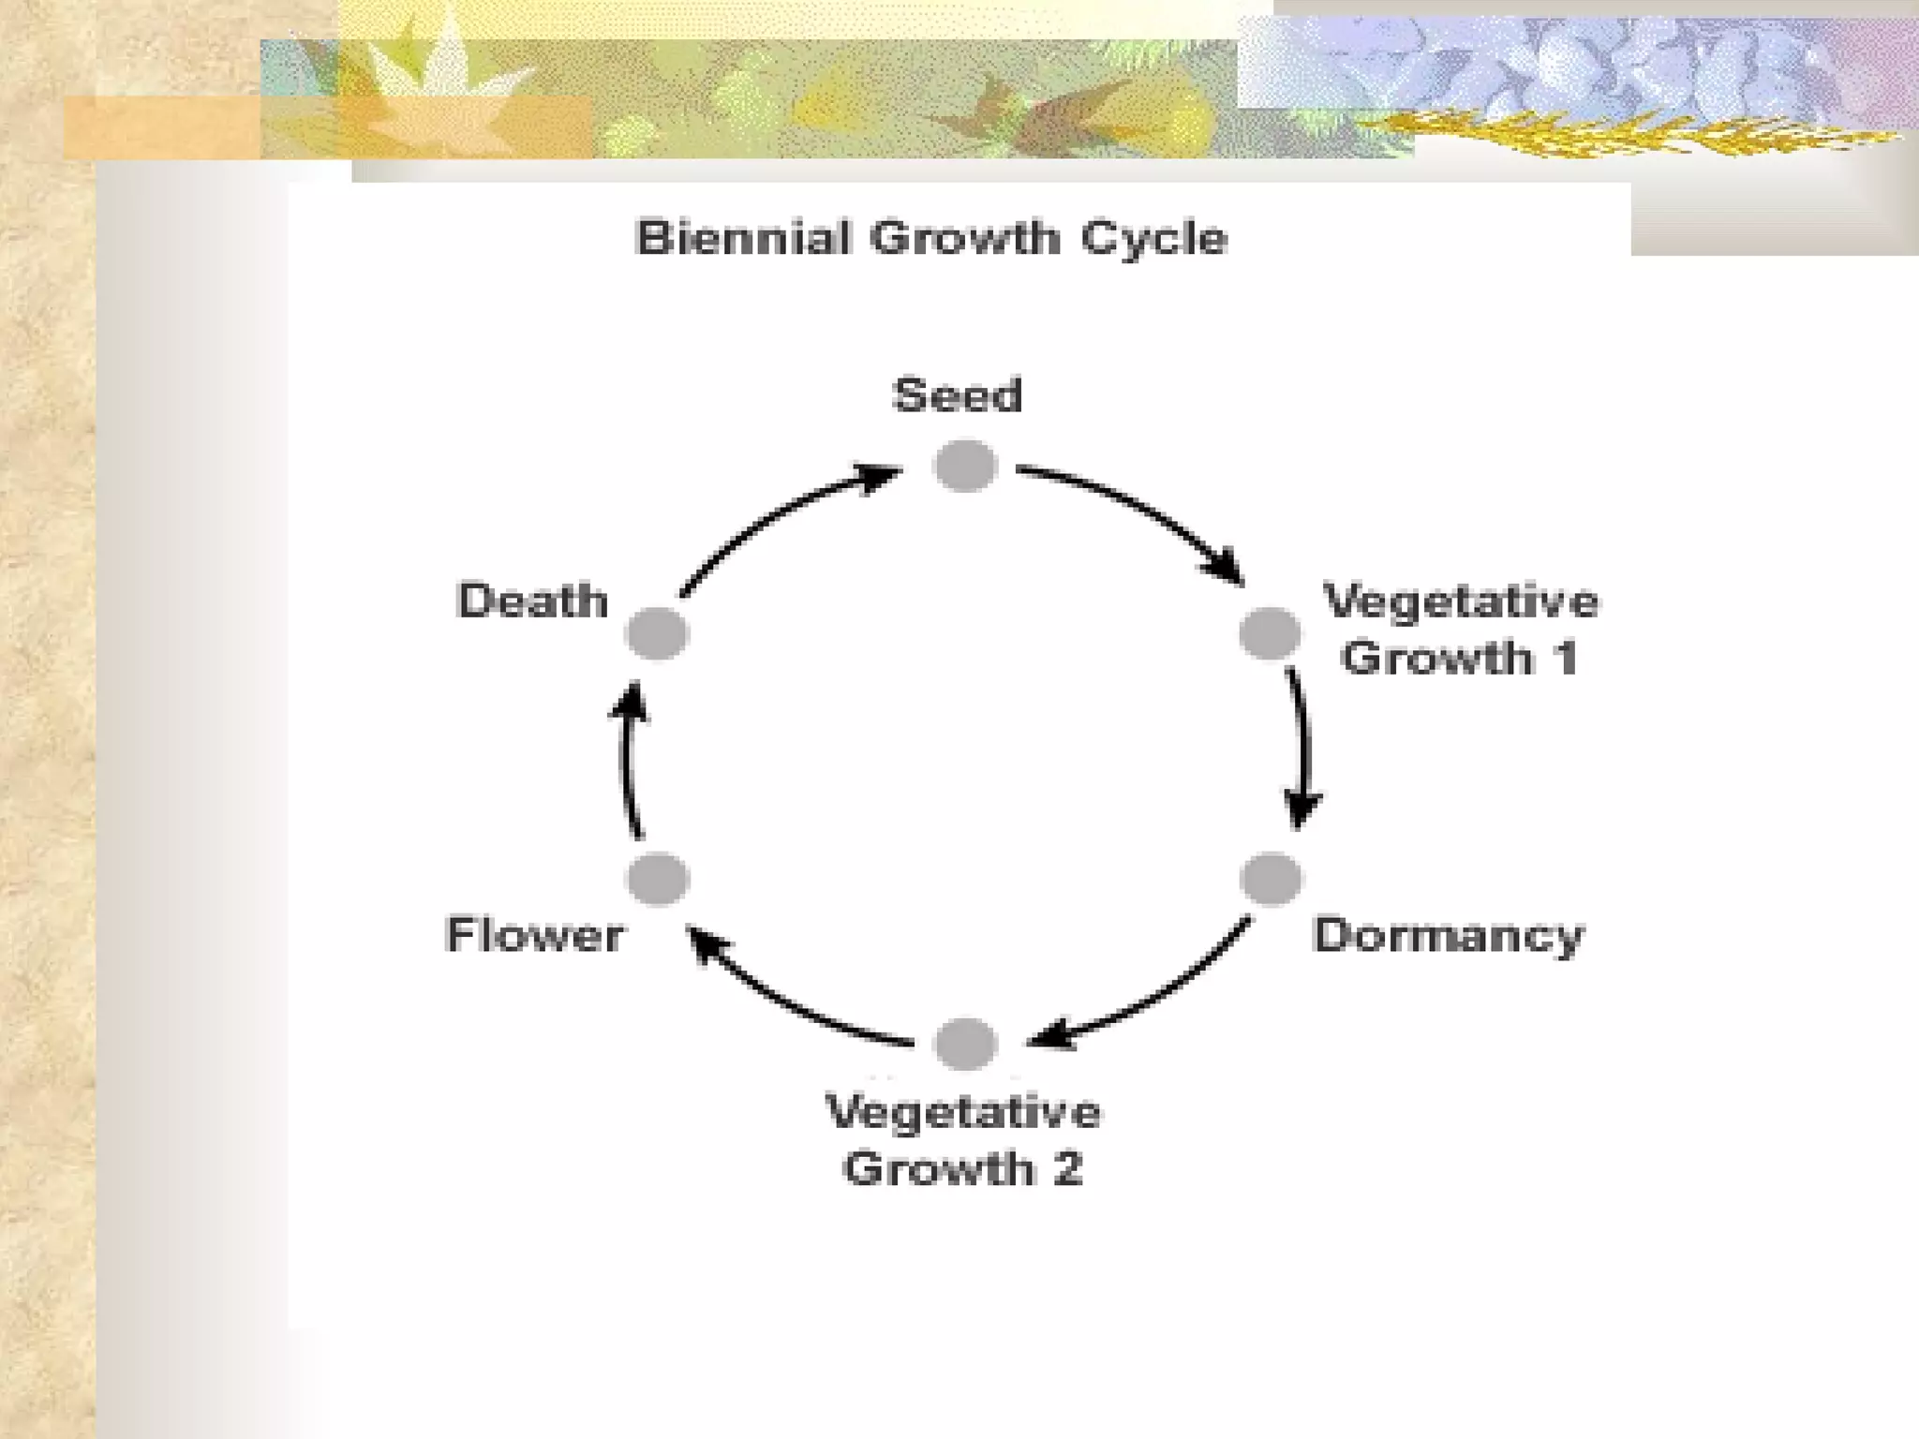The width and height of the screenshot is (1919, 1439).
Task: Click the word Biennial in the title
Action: click(744, 238)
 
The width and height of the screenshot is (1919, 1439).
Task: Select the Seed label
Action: click(957, 394)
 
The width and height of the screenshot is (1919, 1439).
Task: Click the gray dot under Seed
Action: click(965, 466)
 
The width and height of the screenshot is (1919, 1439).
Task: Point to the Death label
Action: click(532, 601)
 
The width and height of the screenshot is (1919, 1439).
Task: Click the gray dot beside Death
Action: click(657, 633)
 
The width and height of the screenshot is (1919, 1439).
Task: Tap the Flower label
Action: click(534, 935)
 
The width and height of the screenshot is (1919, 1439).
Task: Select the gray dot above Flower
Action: click(658, 879)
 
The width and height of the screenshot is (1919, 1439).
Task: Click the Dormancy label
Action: click(1449, 935)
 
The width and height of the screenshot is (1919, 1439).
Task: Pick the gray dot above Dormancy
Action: click(1271, 879)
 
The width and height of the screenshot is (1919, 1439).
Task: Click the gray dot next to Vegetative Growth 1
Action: click(1270, 633)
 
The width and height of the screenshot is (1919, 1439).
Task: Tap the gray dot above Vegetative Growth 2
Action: click(965, 1043)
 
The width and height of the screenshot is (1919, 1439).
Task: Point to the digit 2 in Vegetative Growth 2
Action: click(1066, 1168)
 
